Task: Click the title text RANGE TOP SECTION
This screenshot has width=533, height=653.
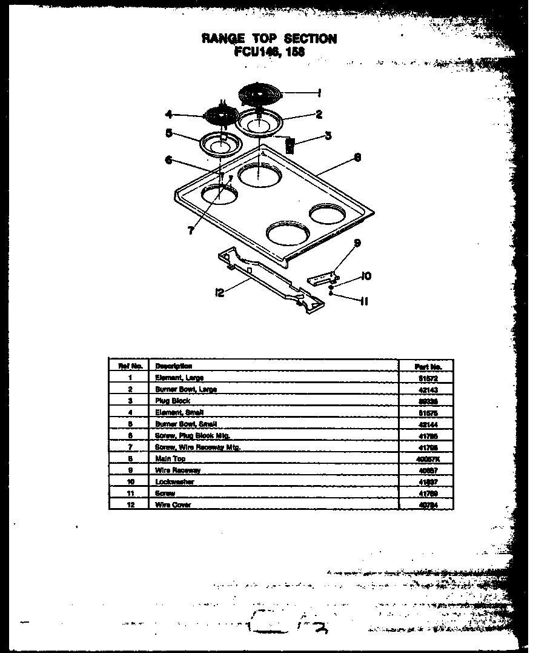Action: pyautogui.click(x=269, y=38)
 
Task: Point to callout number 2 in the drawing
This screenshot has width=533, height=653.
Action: pyautogui.click(x=319, y=114)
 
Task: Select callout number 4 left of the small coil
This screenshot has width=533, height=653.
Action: pyautogui.click(x=169, y=113)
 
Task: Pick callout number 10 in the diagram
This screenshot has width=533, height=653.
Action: pyautogui.click(x=366, y=276)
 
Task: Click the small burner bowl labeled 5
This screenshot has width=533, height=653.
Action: pyautogui.click(x=219, y=144)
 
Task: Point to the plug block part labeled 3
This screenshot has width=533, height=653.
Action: pyautogui.click(x=290, y=145)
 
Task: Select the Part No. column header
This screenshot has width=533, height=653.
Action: pyautogui.click(x=428, y=366)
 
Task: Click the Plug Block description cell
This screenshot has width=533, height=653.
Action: pyautogui.click(x=173, y=401)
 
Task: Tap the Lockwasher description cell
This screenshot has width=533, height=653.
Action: pyautogui.click(x=175, y=482)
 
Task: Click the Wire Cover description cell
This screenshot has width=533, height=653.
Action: pyautogui.click(x=173, y=504)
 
